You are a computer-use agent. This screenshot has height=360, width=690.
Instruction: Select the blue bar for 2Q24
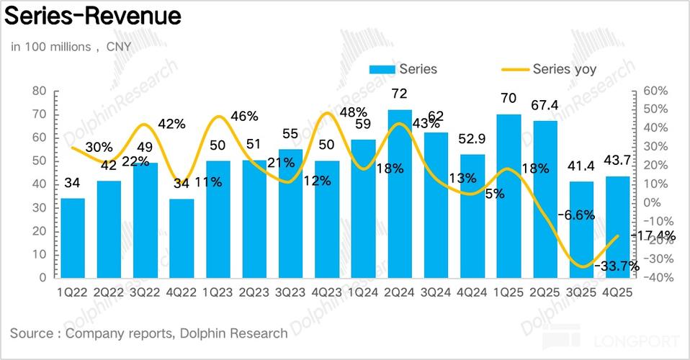pyautogui.click(x=400, y=194)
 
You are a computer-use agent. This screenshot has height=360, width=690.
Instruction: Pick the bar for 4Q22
pyautogui.click(x=182, y=238)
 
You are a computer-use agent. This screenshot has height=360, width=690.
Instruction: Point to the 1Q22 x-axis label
pyautogui.click(x=73, y=292)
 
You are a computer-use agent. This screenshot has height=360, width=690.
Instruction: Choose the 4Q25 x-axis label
pyautogui.click(x=619, y=292)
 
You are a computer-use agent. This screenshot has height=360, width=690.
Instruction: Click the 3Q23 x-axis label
pyautogui.click(x=291, y=292)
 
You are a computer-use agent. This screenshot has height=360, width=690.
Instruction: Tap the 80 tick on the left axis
pyautogui.click(x=40, y=91)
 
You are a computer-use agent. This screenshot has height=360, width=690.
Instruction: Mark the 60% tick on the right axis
pyautogui.click(x=657, y=91)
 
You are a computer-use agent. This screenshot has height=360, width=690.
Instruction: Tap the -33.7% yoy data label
pyautogui.click(x=617, y=266)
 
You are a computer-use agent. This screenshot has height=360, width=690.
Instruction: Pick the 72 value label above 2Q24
pyautogui.click(x=400, y=95)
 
